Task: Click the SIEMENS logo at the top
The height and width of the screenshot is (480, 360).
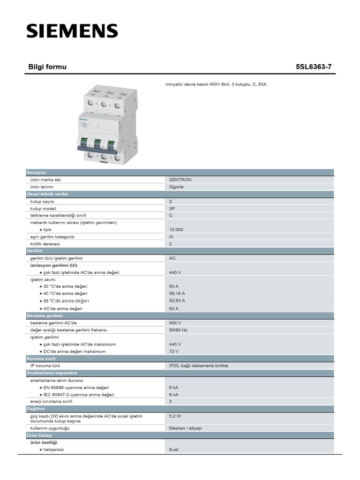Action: pyautogui.click(x=72, y=31)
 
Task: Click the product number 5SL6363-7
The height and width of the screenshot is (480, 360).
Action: pyautogui.click(x=313, y=67)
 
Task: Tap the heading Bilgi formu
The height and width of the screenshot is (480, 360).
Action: pyautogui.click(x=48, y=67)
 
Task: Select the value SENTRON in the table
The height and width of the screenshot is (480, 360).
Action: pyautogui.click(x=180, y=180)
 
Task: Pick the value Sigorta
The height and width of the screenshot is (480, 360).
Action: pyautogui.click(x=177, y=187)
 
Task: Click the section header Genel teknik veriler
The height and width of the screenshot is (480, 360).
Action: pyautogui.click(x=48, y=194)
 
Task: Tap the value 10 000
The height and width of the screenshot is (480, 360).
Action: pyautogui.click(x=176, y=230)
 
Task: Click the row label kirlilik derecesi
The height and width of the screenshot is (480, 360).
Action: pyautogui.click(x=45, y=244)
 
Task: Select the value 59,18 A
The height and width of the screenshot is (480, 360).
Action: pyautogui.click(x=177, y=293)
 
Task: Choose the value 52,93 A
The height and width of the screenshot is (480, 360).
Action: pyautogui.click(x=177, y=300)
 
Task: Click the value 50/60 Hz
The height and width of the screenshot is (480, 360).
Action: pyautogui.click(x=178, y=330)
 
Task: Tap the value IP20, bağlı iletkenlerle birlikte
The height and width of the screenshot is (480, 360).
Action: pyautogui.click(x=199, y=366)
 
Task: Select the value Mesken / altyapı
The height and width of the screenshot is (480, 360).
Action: pyautogui.click(x=186, y=428)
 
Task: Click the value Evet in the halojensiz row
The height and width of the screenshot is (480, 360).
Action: pyautogui.click(x=174, y=450)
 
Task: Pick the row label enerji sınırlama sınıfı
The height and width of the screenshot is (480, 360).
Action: pyautogui.click(x=52, y=401)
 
